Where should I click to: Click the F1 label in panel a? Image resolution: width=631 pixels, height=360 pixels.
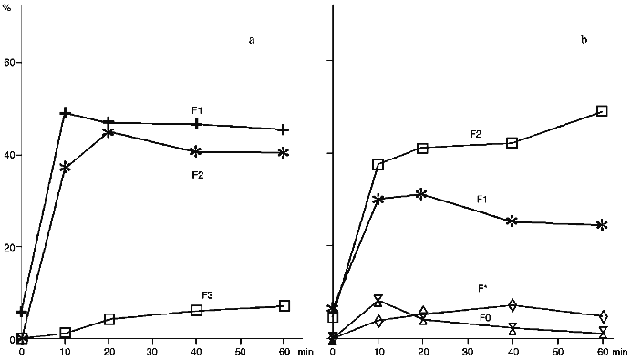[196, 110]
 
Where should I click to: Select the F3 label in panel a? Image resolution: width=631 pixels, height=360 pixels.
[208, 294]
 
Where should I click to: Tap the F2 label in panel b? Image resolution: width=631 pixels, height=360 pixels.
[475, 134]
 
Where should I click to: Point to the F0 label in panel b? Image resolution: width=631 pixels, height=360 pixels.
[488, 317]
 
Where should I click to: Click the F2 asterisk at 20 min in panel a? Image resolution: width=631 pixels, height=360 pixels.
[109, 132]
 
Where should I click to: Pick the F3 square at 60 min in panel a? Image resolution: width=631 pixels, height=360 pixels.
[284, 306]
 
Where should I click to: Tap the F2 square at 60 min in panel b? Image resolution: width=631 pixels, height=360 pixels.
[602, 110]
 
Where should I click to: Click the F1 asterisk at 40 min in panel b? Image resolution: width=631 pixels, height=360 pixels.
[512, 221]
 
